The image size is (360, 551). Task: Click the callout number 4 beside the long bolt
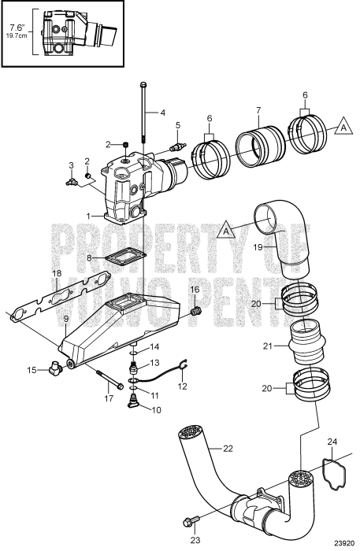click(162, 113)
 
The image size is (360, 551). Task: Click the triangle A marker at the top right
click(343, 124)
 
